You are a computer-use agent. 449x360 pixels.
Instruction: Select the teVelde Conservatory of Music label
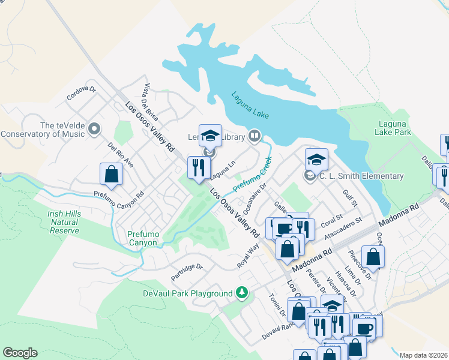pyautogui.click(x=43, y=130)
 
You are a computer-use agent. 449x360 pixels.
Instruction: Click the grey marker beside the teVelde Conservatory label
pyautogui.click(x=94, y=129)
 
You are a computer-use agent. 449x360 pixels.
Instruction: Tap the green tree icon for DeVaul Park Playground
pyautogui.click(x=242, y=293)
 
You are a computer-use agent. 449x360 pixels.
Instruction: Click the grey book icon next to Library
pyautogui.click(x=255, y=137)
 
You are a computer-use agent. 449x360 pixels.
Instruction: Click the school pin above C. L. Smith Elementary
pyautogui.click(x=316, y=160)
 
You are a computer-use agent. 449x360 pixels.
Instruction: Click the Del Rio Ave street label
pyautogui.click(x=121, y=155)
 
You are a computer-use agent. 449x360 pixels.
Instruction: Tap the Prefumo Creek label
pyautogui.click(x=253, y=175)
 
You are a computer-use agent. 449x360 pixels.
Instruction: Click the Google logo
pyautogui.click(x=20, y=353)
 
